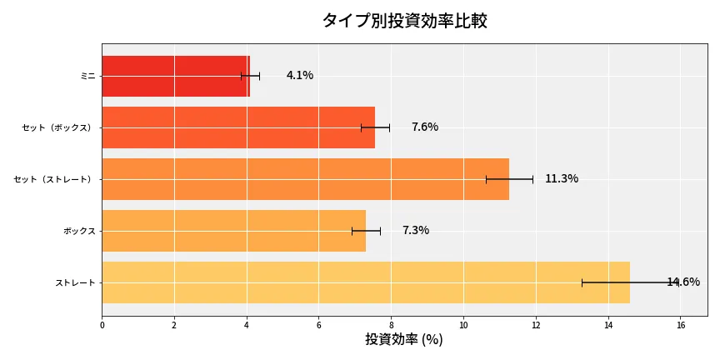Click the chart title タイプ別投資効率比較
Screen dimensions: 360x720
coord(404,21)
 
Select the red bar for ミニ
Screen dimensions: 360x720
coord(175,76)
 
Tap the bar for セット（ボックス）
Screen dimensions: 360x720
coord(238,127)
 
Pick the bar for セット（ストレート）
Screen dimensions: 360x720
coord(305,179)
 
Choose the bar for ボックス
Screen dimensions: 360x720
coord(233,231)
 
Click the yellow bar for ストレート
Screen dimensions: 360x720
coord(365,282)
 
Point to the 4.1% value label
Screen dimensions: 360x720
coord(300,76)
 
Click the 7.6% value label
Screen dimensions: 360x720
coord(425,127)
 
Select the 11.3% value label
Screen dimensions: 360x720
coord(562,179)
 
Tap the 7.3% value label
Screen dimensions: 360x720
coord(416,231)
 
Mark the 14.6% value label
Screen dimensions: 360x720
coord(683,282)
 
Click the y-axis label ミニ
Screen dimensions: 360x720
coord(87,76)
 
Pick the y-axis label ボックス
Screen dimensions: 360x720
coord(79,231)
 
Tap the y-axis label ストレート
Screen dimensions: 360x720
coord(75,282)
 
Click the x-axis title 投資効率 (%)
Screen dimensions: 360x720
coord(404,340)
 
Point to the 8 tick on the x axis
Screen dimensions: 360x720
coord(391,325)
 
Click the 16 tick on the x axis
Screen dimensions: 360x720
coord(680,325)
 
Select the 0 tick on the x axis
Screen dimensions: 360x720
coord(102,325)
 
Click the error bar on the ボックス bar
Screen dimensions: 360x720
coord(366,231)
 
